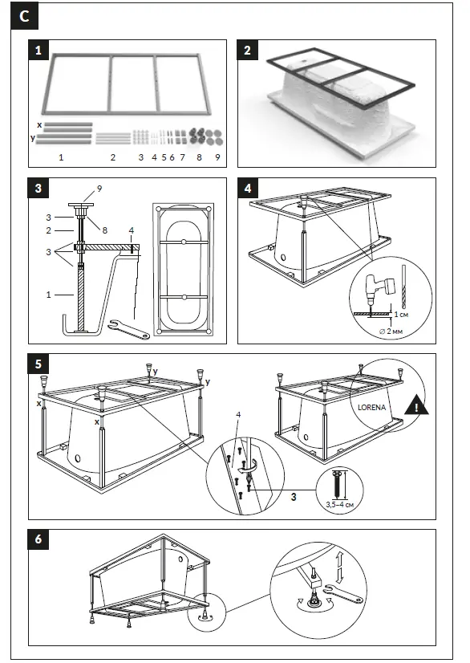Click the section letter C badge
(x=26, y=15)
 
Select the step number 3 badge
(x=38, y=189)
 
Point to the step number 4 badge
(x=248, y=189)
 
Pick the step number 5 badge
(x=38, y=364)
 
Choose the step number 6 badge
(x=38, y=539)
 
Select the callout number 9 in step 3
(x=99, y=187)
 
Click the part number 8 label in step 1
(x=199, y=157)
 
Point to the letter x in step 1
(x=39, y=125)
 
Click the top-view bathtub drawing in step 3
(x=184, y=267)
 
